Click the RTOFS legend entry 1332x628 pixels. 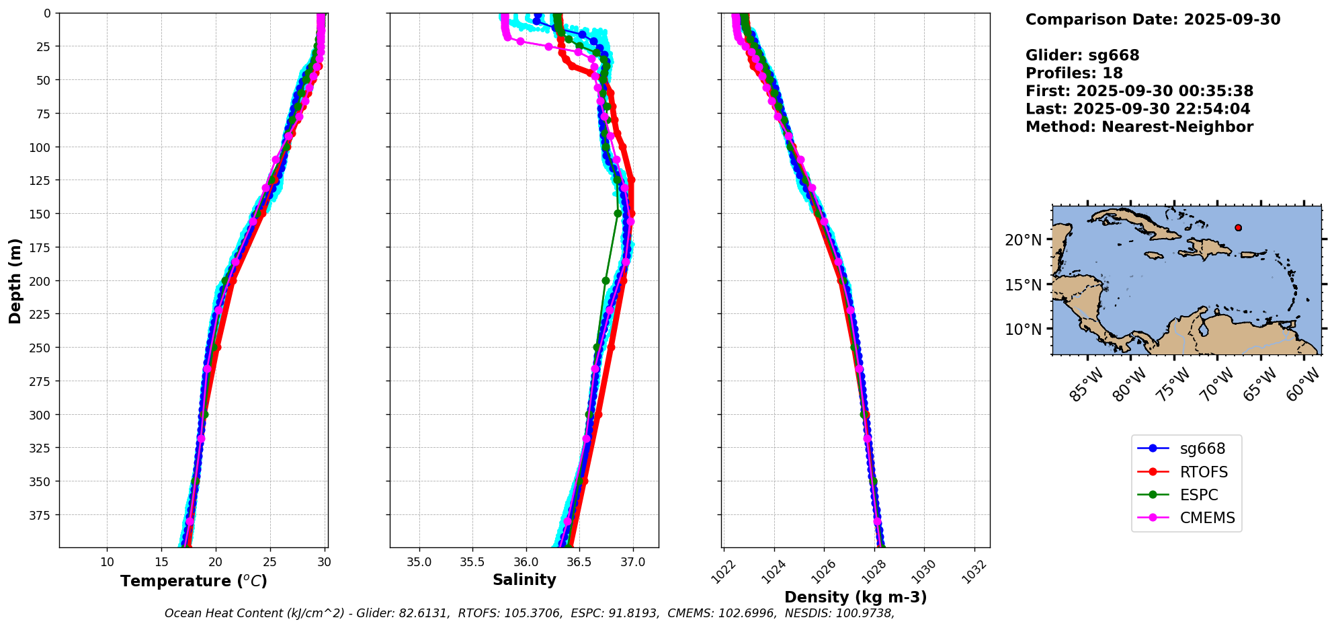(x=1203, y=472)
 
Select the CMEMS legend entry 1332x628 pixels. (x=1207, y=518)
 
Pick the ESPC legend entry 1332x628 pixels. (x=1198, y=495)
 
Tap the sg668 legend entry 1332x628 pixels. (x=1202, y=448)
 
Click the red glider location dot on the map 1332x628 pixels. (x=1238, y=228)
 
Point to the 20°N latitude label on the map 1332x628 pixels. (x=1023, y=240)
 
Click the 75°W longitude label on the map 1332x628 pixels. (x=1175, y=387)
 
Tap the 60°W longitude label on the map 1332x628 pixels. (x=1304, y=387)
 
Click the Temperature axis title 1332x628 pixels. (x=194, y=581)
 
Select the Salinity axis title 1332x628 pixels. (x=524, y=580)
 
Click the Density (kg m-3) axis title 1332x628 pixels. (x=855, y=597)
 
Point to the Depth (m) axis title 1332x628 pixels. (x=15, y=280)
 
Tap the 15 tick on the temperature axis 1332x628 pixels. (x=161, y=562)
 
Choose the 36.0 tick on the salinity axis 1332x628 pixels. (x=526, y=562)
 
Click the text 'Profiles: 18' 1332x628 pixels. (x=1073, y=73)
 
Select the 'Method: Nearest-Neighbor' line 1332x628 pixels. (x=1138, y=127)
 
